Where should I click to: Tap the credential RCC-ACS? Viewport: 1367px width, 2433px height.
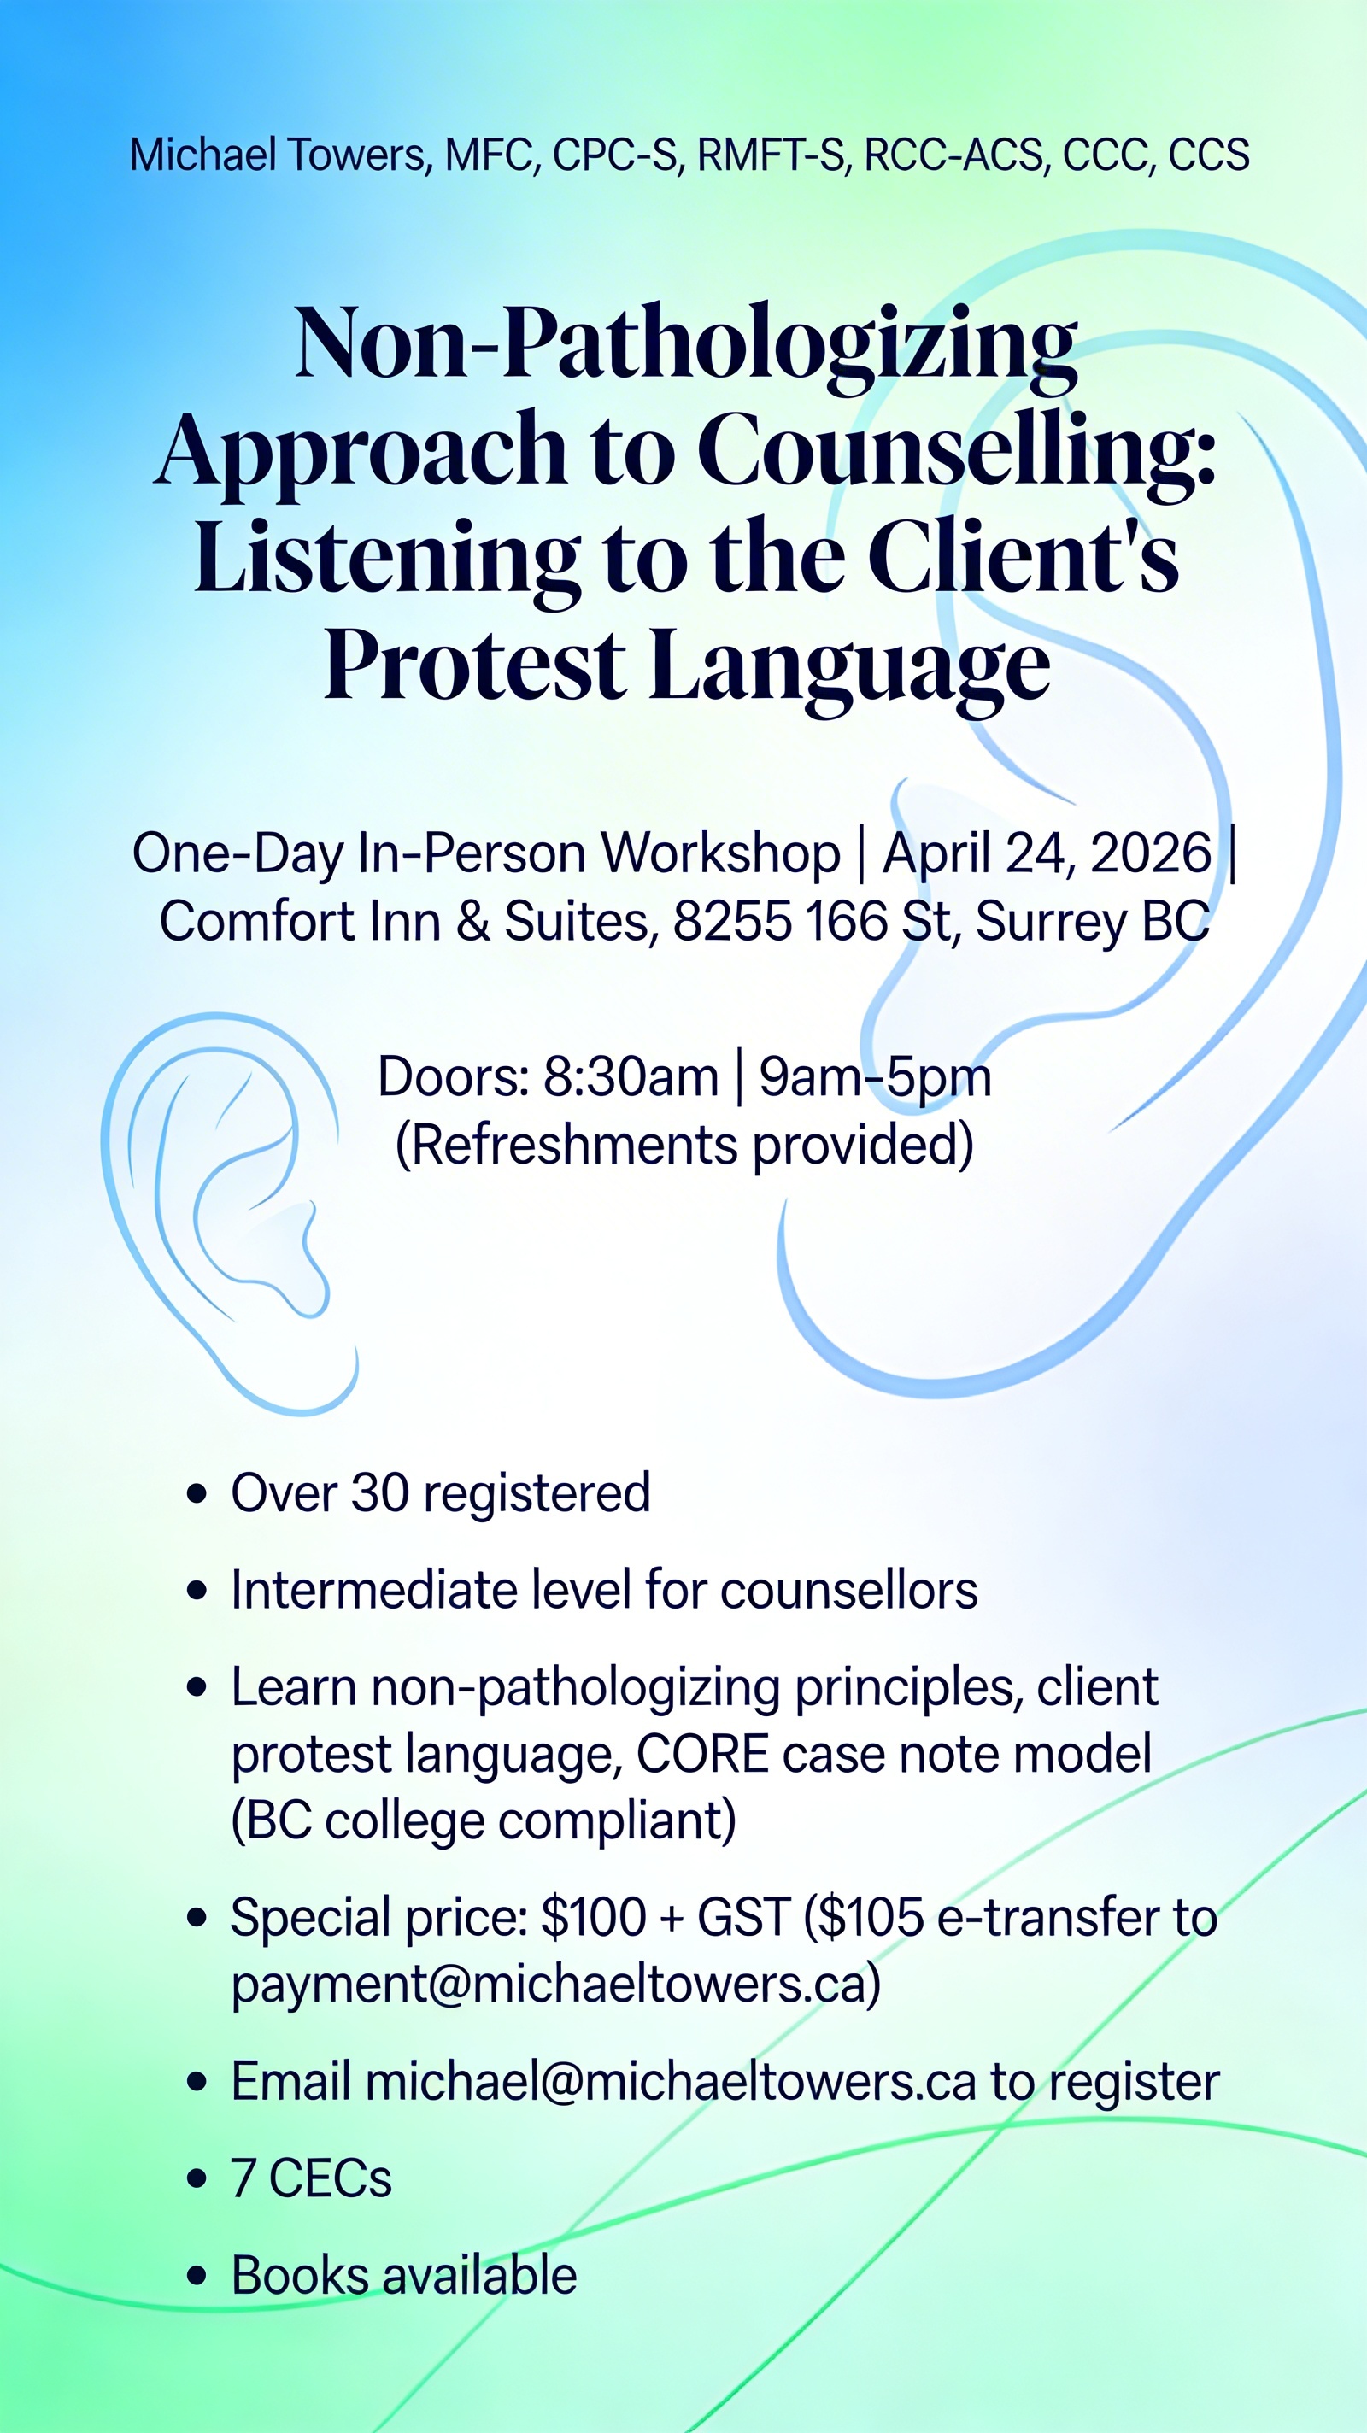[x=953, y=155]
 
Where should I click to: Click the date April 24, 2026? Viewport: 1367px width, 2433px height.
[x=1047, y=853]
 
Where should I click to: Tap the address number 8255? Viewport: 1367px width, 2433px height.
[x=732, y=921]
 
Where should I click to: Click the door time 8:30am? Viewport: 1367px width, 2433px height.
[x=631, y=1076]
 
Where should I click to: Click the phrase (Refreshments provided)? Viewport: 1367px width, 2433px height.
[x=684, y=1145]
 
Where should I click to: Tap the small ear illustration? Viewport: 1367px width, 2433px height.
[x=230, y=1213]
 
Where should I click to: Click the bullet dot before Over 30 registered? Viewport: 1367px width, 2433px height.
[x=197, y=1494]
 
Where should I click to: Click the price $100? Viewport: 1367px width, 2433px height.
[x=593, y=1917]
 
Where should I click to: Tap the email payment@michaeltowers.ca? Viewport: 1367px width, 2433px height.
[x=556, y=1985]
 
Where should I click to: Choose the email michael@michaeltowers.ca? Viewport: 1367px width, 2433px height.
[x=671, y=2082]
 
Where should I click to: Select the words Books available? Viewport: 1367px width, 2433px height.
[x=404, y=2275]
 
